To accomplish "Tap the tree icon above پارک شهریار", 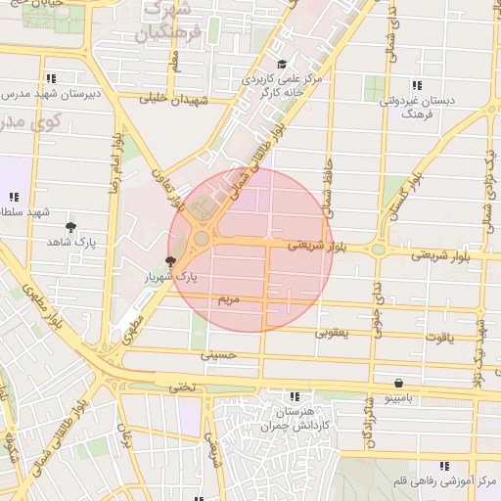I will coord(171,261).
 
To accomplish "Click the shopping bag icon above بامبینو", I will coord(398,383).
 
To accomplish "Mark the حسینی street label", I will coord(218,356).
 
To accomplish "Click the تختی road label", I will coord(183,387).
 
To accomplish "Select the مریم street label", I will coord(227,296).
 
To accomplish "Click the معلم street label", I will coord(173,62).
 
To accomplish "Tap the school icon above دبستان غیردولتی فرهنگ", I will coord(417,85).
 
